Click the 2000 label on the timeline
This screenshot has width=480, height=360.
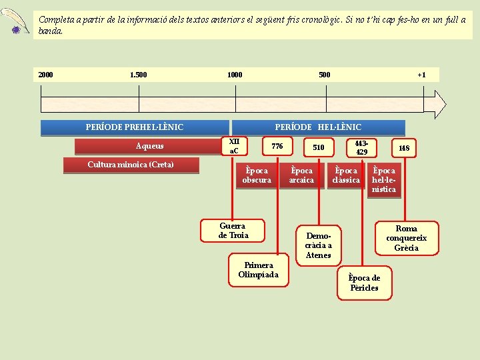[46, 75]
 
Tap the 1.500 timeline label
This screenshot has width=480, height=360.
[139, 75]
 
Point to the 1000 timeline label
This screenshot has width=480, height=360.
[235, 75]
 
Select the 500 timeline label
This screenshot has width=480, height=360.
[324, 75]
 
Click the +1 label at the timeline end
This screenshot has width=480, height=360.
[421, 75]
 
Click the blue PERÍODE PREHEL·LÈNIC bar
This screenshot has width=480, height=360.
[135, 127]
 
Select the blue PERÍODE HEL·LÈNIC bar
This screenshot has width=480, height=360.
[318, 127]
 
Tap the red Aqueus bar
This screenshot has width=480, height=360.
[150, 147]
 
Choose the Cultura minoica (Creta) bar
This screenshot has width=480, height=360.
[131, 165]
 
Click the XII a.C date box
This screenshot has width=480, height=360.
[234, 147]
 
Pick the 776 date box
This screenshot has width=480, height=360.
[277, 147]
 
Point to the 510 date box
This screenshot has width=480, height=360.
[319, 147]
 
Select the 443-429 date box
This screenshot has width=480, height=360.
[361, 147]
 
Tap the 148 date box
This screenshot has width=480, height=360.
[404, 147]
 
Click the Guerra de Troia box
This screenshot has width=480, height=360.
[233, 231]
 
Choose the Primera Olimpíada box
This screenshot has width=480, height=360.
[258, 270]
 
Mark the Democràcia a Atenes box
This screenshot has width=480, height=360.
[319, 245]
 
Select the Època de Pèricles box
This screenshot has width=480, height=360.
[365, 283]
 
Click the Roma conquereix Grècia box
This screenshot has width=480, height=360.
[406, 238]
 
